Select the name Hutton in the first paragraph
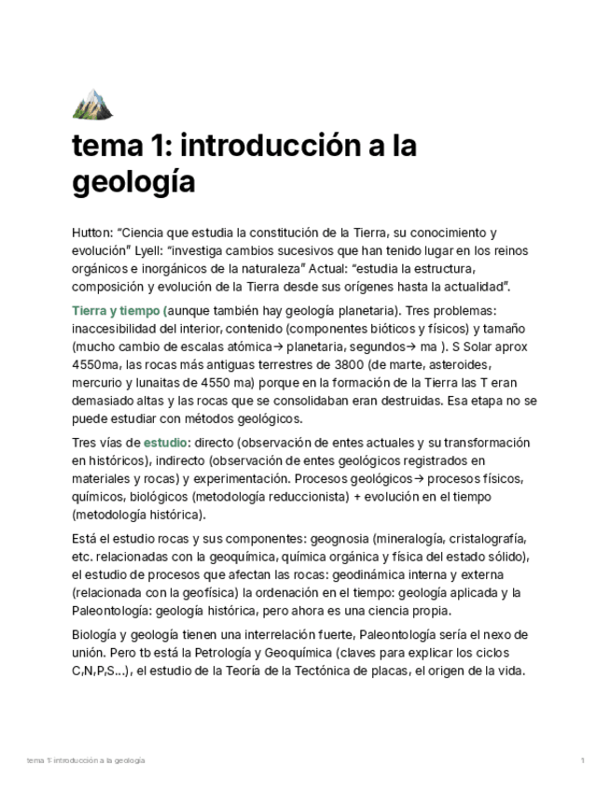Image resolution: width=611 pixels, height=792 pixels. [91, 233]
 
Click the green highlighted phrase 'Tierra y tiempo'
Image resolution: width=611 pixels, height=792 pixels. [117, 311]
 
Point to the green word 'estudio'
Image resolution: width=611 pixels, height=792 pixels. [166, 443]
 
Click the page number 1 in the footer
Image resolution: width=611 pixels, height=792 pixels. [582, 761]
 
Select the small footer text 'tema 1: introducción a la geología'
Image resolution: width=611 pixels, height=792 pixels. [87, 761]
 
